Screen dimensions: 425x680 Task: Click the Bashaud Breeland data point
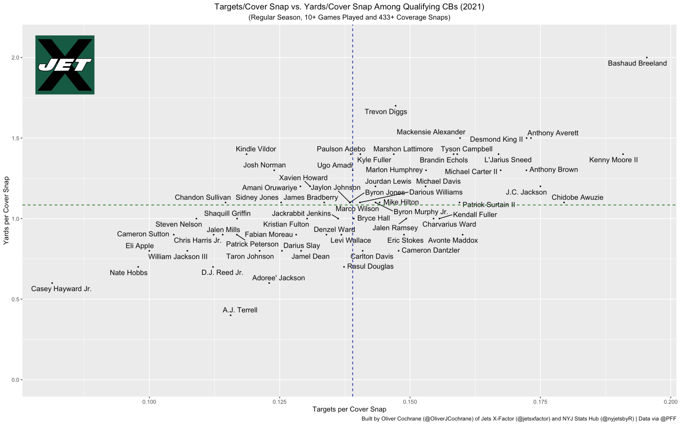pos(646,57)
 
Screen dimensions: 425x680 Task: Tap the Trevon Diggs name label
pos(385,112)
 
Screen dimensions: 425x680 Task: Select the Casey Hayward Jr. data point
pos(52,283)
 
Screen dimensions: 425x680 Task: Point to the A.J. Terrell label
pos(240,310)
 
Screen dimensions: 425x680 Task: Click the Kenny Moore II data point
pos(623,154)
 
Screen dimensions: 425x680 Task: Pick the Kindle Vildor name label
pos(256,149)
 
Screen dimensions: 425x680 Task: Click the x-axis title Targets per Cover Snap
pos(349,410)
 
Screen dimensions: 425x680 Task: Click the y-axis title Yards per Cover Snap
pos(6,211)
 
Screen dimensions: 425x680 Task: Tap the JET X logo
pos(65,65)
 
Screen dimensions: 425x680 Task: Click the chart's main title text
pos(349,7)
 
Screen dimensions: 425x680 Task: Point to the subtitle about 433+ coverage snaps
pos(349,18)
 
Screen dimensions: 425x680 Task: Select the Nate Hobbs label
pos(128,273)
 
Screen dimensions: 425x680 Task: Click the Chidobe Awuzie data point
pos(564,203)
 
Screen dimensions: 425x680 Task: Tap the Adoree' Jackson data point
pos(269,283)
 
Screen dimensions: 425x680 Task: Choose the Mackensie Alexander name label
pos(431,132)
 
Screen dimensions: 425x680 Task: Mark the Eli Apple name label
pos(139,246)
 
